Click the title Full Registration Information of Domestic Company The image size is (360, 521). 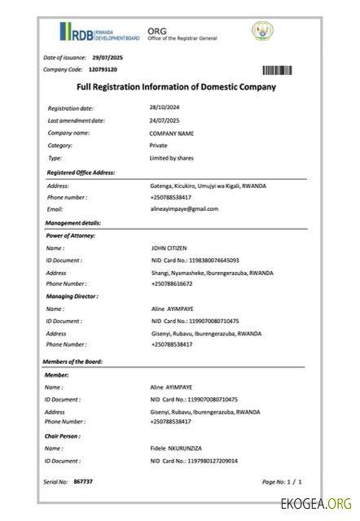[176, 87]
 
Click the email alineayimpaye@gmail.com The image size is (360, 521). [184, 209]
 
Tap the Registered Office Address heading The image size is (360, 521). [81, 173]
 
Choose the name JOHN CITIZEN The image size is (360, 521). [171, 247]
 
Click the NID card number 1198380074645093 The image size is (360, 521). [195, 260]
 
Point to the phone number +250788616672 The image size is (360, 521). [171, 283]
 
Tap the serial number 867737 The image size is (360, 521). [83, 482]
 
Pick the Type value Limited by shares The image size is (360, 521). [171, 157]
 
